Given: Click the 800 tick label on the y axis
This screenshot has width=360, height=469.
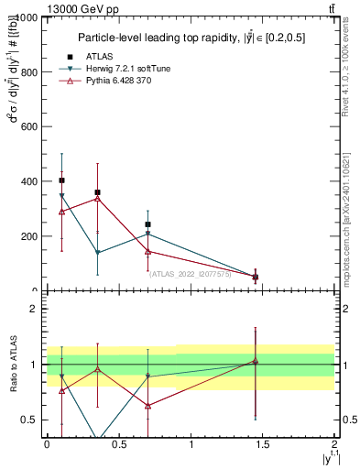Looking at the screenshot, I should pos(27,72).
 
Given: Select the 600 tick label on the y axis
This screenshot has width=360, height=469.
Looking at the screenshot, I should pos(27,126).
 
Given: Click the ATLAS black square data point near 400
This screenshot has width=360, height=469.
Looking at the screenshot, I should pos(61,180).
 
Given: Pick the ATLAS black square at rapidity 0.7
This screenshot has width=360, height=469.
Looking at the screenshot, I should pos(147,224).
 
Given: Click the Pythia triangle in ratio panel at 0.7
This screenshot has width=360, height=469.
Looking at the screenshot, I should pos(147,406).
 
